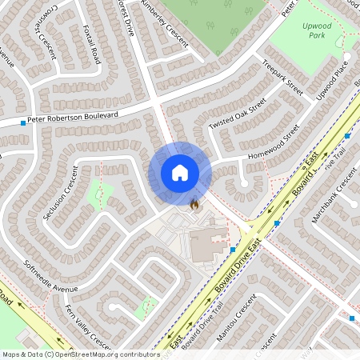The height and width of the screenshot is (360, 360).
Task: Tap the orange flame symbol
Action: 194,204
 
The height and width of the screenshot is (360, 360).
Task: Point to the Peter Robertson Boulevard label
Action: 73,118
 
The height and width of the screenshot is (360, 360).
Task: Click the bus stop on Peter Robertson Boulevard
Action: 23,123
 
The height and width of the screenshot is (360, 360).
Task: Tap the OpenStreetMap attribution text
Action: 80,354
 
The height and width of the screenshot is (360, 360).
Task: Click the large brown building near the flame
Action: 206,244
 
